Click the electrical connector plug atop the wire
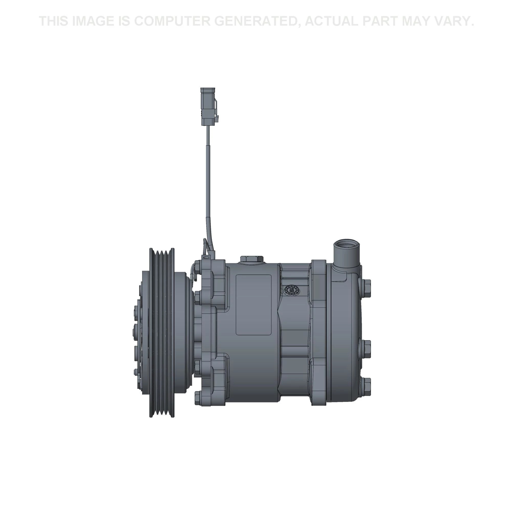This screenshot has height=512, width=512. tap(210, 106)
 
